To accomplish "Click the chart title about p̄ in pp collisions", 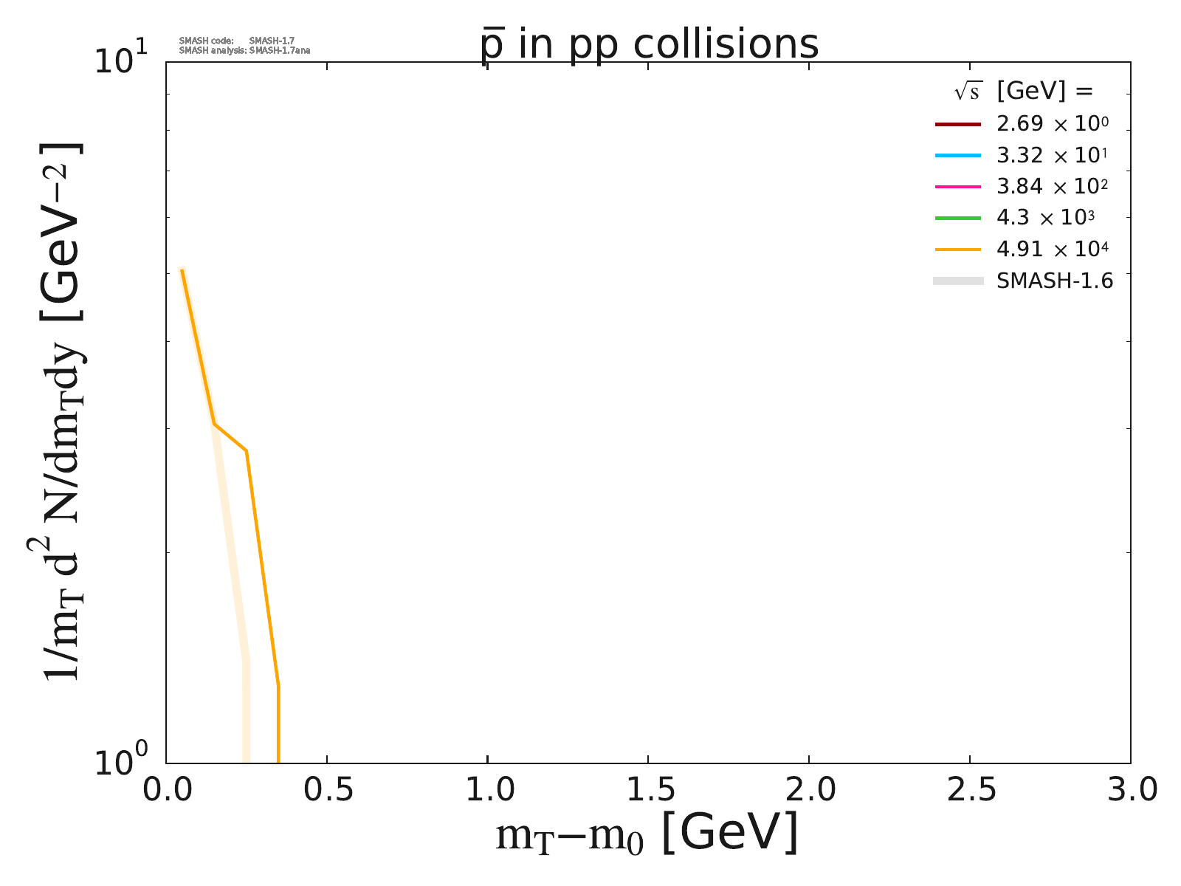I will [x=650, y=44].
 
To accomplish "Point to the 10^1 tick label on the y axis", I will [x=122, y=59].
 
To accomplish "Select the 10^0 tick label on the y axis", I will [x=122, y=763].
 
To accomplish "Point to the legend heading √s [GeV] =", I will [x=1023, y=92].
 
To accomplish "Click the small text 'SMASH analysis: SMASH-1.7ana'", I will [x=244, y=51].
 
